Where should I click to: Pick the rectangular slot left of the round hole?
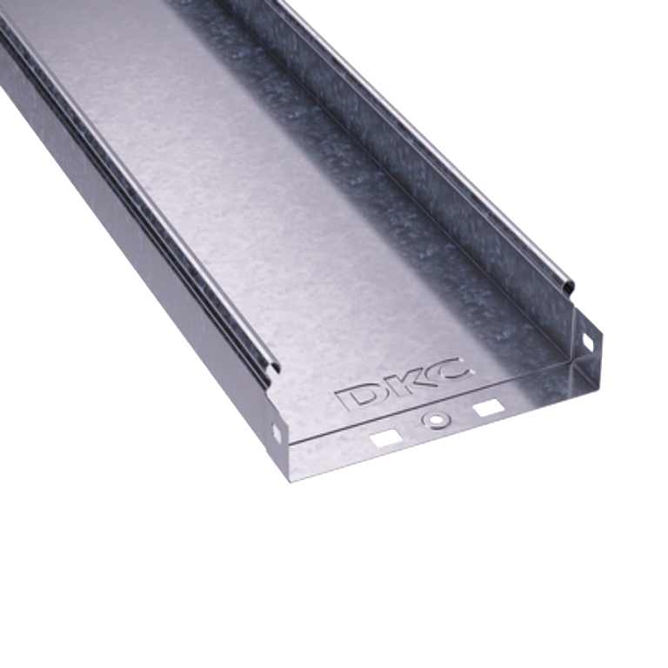click(385, 438)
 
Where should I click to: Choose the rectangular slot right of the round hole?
click(488, 408)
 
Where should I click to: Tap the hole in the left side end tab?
click(276, 433)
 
